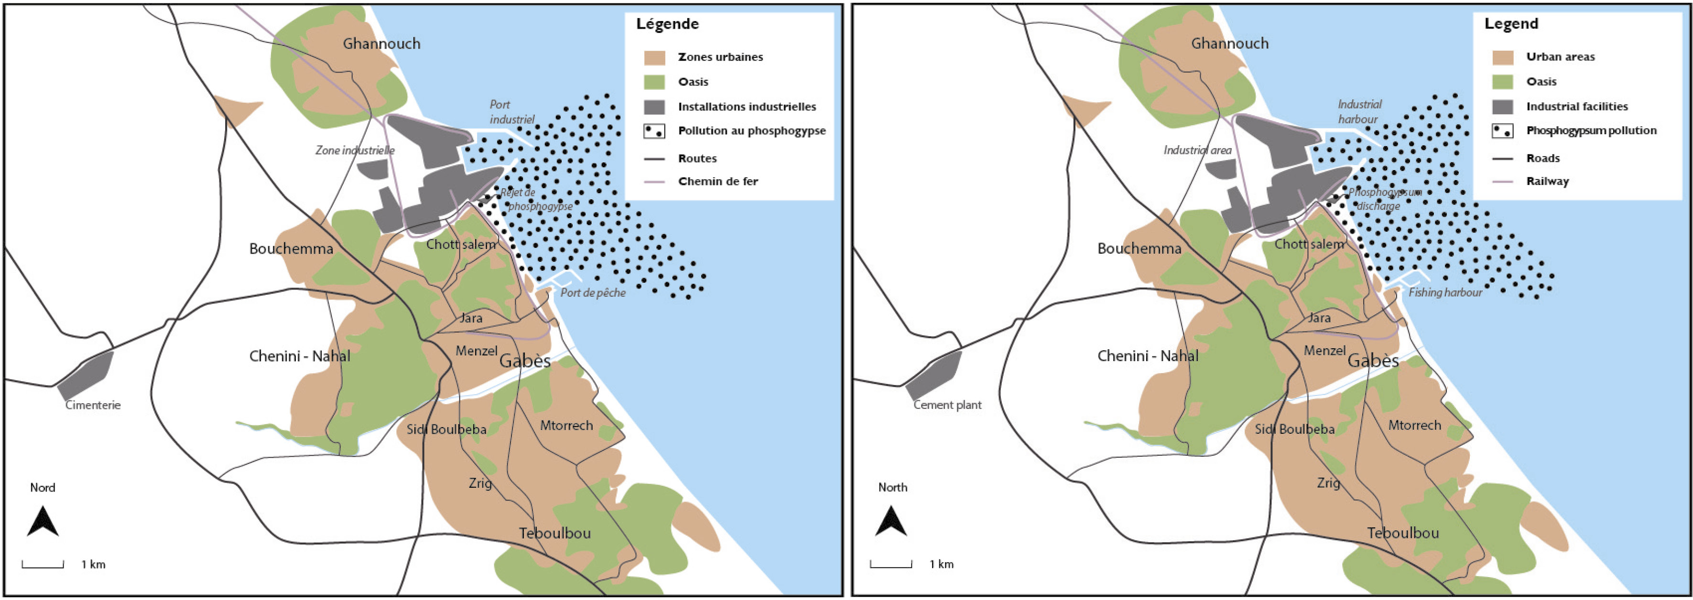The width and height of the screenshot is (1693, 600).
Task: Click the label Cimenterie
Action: [x=93, y=405]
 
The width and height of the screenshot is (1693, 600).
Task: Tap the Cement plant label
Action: [x=947, y=405]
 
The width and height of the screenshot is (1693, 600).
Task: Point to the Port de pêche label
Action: [x=593, y=292]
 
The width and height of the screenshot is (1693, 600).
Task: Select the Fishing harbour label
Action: [x=1445, y=292]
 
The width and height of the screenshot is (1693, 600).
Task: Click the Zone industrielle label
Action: [x=355, y=150]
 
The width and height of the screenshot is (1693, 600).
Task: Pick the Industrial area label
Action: [x=1197, y=150]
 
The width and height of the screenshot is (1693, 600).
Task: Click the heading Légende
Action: [x=667, y=24]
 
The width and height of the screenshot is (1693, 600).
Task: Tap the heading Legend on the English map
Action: [x=1511, y=24]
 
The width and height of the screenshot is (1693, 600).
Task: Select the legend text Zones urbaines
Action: [x=720, y=57]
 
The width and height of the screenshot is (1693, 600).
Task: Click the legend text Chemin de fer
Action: [x=718, y=182]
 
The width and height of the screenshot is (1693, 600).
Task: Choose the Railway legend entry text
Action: [x=1547, y=182]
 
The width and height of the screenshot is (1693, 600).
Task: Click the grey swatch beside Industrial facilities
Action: [x=1502, y=107]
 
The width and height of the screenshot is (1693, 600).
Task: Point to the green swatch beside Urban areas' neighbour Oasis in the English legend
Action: [x=1502, y=82]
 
